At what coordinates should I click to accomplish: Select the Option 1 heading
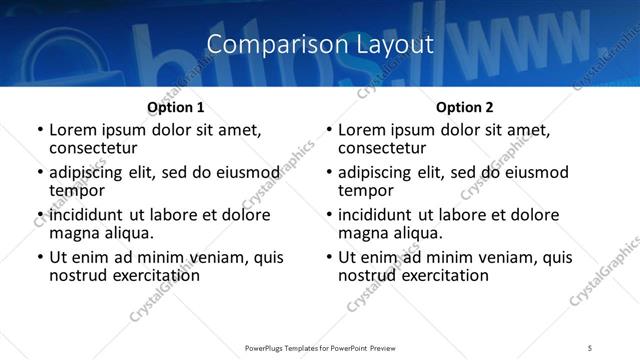175,107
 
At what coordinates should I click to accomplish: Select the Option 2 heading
465,107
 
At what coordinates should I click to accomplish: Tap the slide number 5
590,347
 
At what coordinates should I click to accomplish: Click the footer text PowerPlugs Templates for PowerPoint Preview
319,347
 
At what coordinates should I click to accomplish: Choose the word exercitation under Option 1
153,275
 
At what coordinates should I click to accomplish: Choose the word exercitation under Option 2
442,275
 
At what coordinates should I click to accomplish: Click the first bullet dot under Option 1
40,130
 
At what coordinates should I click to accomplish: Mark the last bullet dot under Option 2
329,258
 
